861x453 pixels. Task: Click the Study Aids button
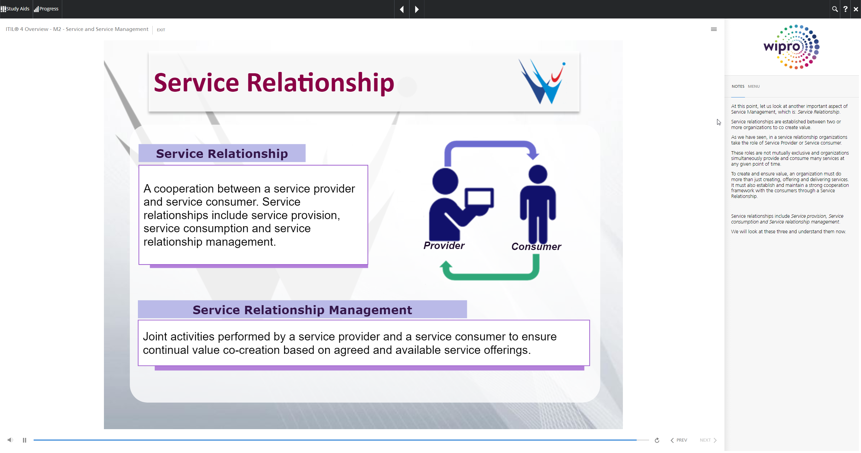tap(15, 9)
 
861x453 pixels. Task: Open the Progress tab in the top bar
tap(46, 9)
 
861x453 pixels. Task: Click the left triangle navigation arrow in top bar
tap(402, 9)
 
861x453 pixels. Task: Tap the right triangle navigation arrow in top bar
tap(417, 9)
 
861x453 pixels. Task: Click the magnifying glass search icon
tap(835, 9)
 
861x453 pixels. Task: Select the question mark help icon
tap(845, 9)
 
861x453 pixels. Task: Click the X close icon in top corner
tap(856, 9)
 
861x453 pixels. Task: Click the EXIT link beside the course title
tap(161, 30)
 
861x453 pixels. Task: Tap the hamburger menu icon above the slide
tap(714, 29)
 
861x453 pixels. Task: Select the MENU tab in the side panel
tap(754, 86)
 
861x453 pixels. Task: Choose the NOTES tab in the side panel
tap(738, 86)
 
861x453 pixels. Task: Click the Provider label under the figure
tap(444, 246)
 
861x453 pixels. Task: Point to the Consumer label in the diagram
tap(536, 247)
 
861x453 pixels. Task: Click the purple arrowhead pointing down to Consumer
tap(533, 154)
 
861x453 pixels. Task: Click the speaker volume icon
tap(10, 440)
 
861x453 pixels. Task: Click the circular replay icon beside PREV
tap(657, 440)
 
